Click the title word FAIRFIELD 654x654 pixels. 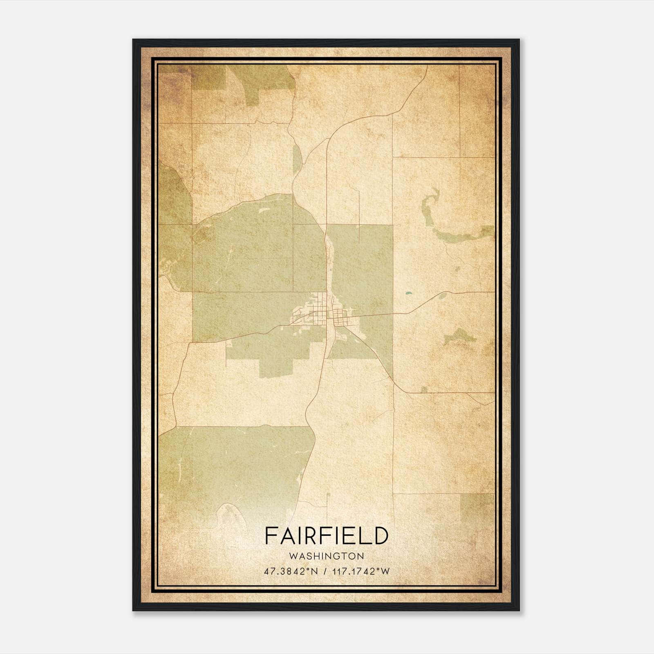326,535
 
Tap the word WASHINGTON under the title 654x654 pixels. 326,556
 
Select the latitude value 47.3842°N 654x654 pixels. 291,571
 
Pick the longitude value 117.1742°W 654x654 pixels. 361,571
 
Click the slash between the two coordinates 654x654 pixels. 325,571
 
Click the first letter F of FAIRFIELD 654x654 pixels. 270,535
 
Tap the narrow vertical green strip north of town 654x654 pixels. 296,159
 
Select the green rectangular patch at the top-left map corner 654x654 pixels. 208,78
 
